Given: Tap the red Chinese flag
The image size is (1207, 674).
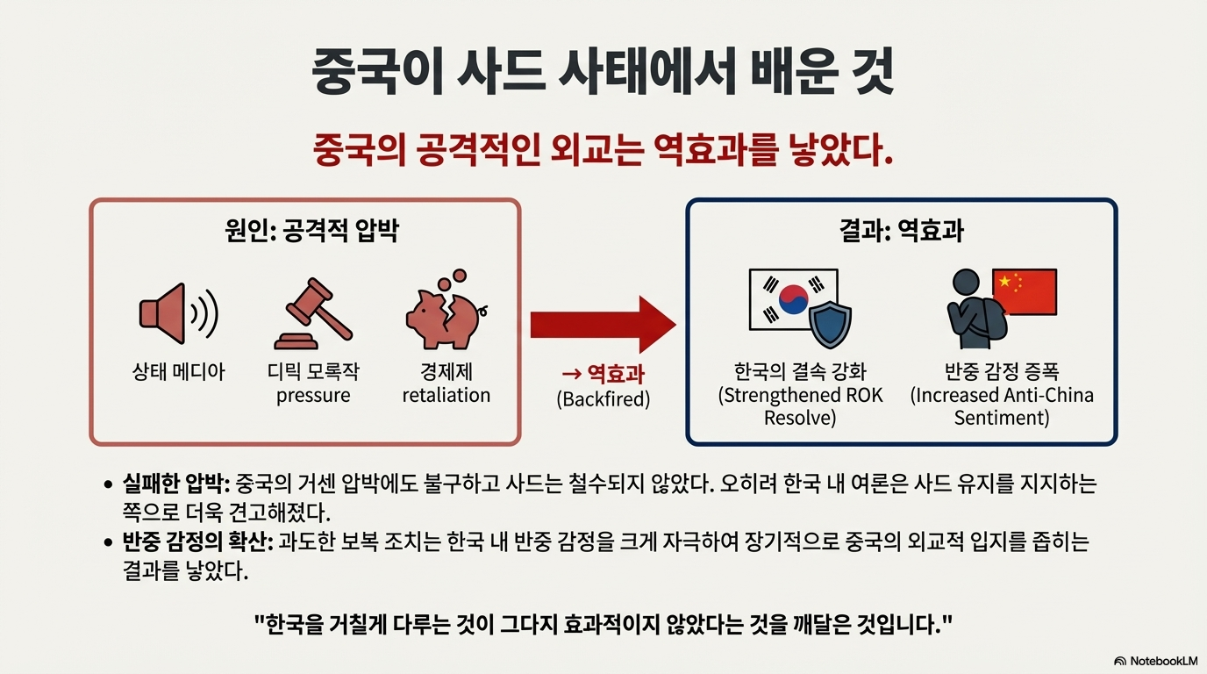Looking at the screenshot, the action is click(x=1025, y=292).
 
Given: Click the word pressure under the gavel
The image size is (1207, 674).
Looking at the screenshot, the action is click(x=313, y=395).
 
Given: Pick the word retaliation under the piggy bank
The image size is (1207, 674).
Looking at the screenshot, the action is click(x=446, y=395).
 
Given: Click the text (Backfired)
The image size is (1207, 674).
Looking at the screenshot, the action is click(x=603, y=398).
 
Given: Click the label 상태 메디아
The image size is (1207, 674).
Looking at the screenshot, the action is click(x=178, y=371).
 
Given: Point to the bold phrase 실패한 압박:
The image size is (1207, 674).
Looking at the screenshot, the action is click(x=175, y=484).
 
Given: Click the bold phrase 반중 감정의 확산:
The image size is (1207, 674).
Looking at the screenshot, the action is click(x=198, y=542).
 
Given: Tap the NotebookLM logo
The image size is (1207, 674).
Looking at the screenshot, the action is click(x=1156, y=660).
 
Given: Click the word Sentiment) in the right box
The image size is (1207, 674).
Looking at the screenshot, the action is click(x=1002, y=418).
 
